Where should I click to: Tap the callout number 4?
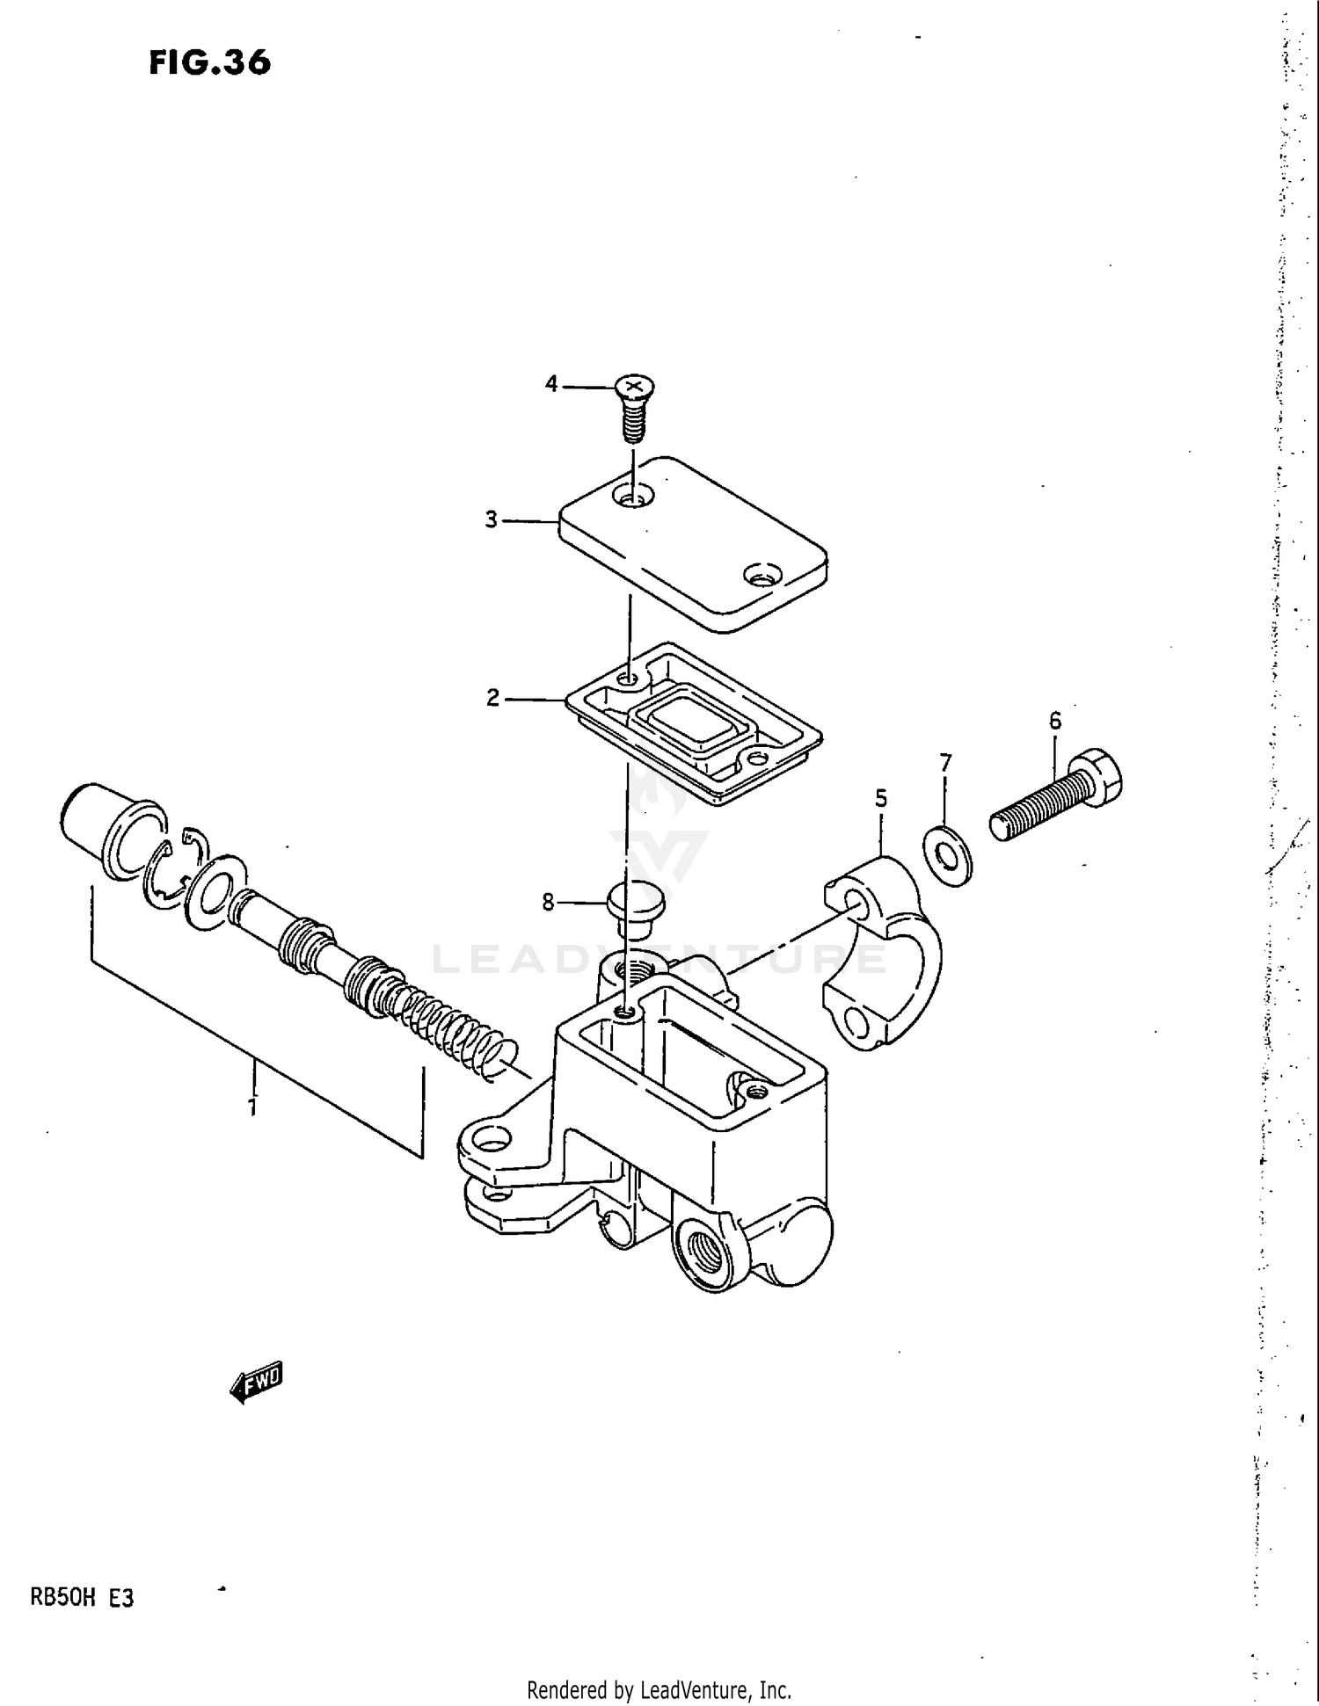551,384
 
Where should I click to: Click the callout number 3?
492,519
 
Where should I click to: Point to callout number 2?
492,698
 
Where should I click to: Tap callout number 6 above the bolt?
1054,722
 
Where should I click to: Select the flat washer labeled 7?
947,854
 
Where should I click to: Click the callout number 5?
880,799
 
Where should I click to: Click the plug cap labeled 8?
635,907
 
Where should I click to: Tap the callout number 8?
548,903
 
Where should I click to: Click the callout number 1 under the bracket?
252,1107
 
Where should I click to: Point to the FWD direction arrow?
257,1383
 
